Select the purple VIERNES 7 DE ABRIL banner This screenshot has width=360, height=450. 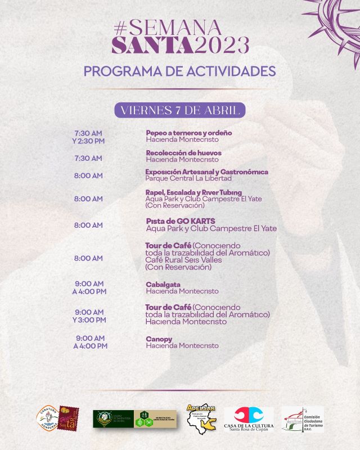180,109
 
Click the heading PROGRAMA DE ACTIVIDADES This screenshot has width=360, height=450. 180,71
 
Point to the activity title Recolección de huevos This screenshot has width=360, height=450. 183,153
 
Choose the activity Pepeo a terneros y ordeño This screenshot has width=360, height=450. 189,133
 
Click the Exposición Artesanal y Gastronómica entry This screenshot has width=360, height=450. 206,172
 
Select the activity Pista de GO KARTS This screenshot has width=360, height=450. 181,221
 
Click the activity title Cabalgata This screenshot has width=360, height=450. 163,285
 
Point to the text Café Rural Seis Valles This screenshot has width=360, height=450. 183,260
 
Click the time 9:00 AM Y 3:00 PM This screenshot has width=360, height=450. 89,316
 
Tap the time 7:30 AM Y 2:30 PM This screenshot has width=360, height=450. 89,137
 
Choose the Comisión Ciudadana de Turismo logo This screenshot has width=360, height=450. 302,420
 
